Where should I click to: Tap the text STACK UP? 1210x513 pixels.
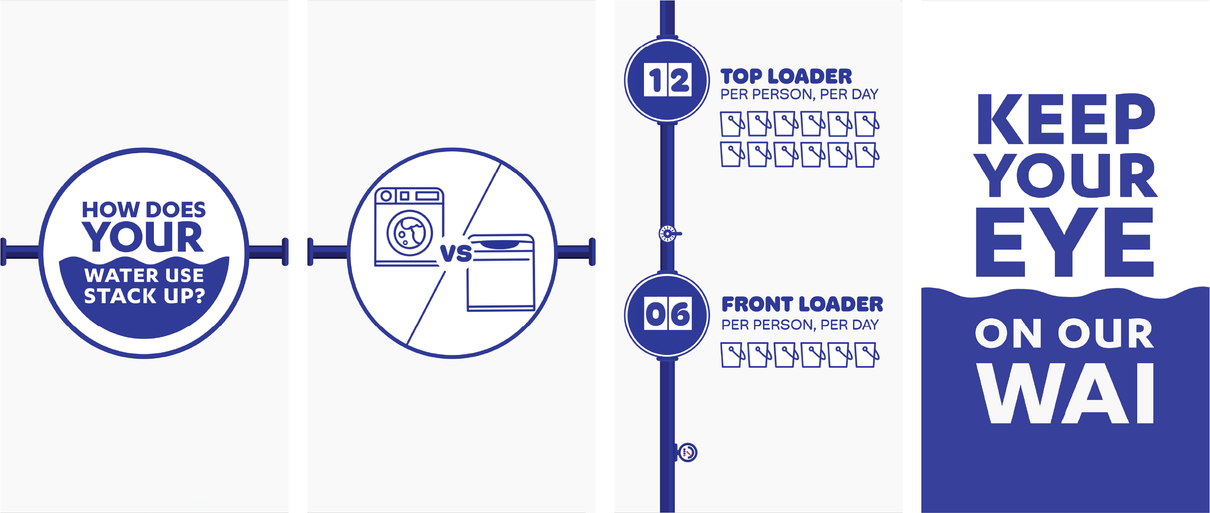pos(144,296)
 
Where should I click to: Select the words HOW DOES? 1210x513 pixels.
pos(144,210)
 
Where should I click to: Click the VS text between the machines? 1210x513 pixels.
pos(455,253)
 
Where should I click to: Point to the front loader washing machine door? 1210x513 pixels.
pos(409,233)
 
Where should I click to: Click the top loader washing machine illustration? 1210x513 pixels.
pos(501,273)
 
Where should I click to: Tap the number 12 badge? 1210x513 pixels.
pos(667,80)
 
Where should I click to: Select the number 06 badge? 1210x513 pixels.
pos(667,313)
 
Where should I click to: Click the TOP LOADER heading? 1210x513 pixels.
pos(786,76)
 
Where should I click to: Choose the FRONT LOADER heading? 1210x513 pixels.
pos(802,305)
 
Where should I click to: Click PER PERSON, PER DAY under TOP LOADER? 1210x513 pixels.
pos(799,94)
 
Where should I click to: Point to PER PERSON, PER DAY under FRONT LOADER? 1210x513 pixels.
pos(800,325)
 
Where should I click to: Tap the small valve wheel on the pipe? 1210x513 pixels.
pos(668,233)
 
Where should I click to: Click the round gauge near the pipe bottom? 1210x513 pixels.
pos(688,452)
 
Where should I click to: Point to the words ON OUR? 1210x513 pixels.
pos(1064,334)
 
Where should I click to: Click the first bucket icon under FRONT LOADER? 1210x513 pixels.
pos(732,354)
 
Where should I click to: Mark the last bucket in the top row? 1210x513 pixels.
pos(867,124)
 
